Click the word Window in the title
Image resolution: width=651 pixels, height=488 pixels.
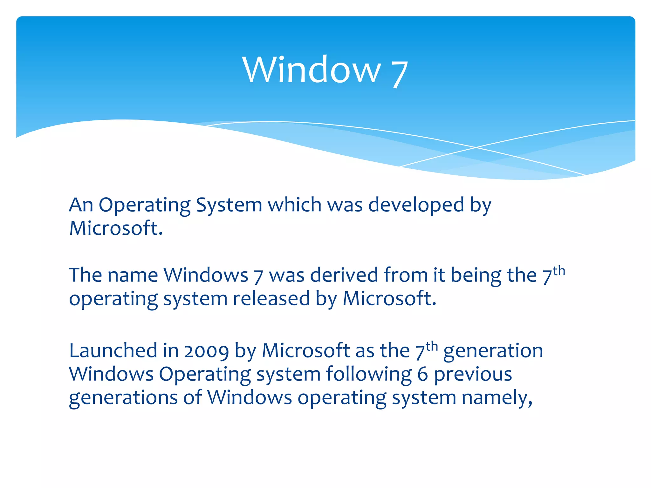coord(312,70)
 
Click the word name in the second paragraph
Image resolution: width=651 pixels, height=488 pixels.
coord(133,275)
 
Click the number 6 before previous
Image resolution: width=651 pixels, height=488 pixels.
coord(423,374)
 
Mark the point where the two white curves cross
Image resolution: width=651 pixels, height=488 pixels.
coord(476,147)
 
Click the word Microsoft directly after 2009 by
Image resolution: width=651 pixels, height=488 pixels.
coord(306,351)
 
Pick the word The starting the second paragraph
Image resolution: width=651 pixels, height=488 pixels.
coord(85,275)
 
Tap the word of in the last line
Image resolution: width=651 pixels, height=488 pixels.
coord(193,398)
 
